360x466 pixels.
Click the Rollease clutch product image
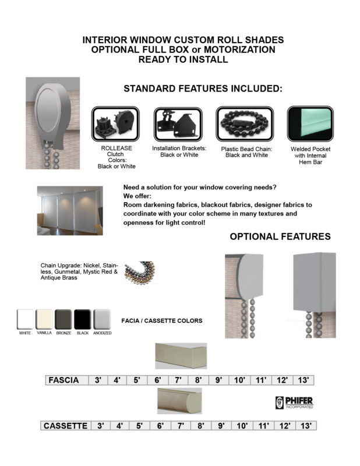pos(116,123)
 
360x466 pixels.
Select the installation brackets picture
pos(177,123)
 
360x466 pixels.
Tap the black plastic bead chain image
pos(243,123)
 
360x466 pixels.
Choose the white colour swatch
pos(25,319)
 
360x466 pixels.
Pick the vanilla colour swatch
pos(44,319)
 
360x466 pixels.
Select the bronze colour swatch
pos(63,319)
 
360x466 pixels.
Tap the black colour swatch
pos(82,319)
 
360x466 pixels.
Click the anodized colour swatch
pos(102,319)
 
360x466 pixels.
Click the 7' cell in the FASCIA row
pos(178,380)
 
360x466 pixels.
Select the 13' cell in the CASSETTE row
pos(304,426)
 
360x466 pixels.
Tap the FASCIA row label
pos(64,380)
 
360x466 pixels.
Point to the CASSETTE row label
pos(66,426)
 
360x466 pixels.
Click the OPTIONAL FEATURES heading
pos(280,236)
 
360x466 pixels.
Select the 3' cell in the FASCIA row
pos(98,380)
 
